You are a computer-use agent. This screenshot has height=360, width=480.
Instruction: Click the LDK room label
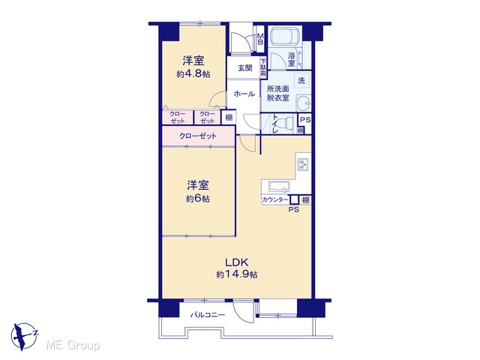[x=236, y=262]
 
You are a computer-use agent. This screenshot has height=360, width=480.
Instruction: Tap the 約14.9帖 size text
[x=237, y=274]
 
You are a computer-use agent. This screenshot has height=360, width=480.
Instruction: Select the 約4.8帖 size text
[x=193, y=74]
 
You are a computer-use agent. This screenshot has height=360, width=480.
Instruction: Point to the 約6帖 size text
[x=198, y=199]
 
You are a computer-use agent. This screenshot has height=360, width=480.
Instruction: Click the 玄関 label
[x=245, y=68]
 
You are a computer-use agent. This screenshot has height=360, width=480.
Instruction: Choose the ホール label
[x=244, y=94]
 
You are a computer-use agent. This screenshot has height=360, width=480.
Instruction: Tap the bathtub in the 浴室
[x=285, y=36]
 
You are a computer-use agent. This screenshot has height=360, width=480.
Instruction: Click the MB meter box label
[x=260, y=39]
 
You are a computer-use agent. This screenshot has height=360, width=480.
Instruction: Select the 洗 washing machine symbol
[x=301, y=80]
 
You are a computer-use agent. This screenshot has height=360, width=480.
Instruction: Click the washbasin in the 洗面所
[x=304, y=103]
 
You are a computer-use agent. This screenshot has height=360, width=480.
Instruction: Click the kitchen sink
[x=278, y=186]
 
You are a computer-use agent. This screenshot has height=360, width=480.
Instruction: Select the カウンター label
[x=275, y=200]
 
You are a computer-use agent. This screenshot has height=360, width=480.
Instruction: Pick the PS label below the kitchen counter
[x=294, y=210]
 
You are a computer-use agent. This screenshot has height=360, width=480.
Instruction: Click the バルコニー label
[x=208, y=315]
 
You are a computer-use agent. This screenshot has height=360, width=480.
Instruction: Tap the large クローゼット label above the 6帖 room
[x=198, y=136]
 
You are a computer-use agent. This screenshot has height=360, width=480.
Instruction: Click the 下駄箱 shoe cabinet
[x=263, y=67]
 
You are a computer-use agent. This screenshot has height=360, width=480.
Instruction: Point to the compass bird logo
[x=24, y=336]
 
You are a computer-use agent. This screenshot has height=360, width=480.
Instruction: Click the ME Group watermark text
[x=73, y=346]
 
